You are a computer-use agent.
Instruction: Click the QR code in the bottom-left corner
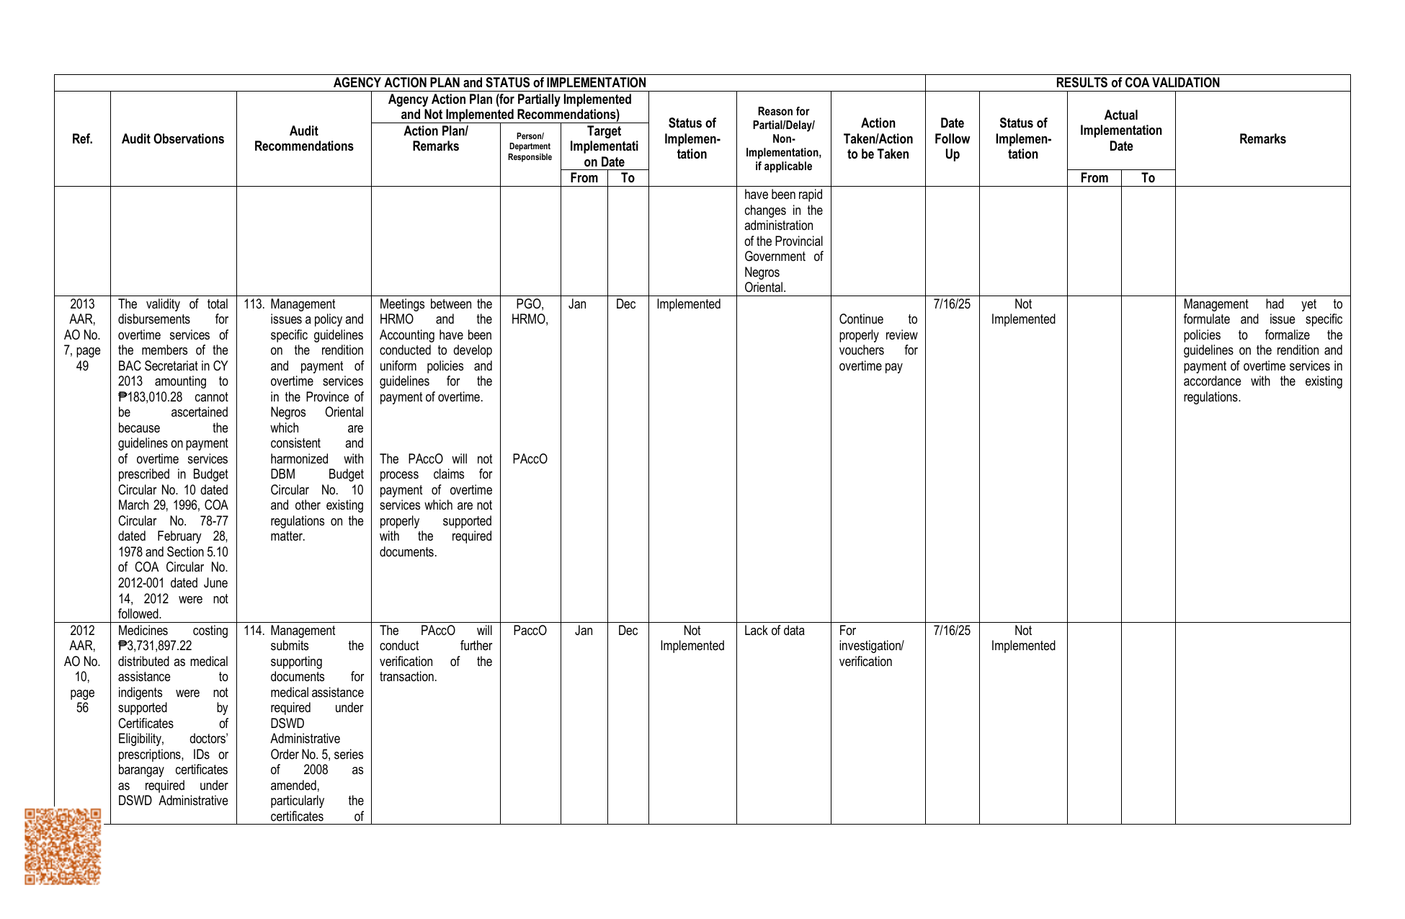[63, 846]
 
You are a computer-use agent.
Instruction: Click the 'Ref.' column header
[82, 139]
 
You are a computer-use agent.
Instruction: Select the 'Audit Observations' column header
[173, 139]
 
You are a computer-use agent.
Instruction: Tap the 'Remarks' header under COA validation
[1262, 139]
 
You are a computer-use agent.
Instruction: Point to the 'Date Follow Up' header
[952, 139]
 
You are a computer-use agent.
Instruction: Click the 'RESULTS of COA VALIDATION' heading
[1137, 83]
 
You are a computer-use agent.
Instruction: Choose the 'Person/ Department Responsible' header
[530, 146]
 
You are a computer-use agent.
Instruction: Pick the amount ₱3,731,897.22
[155, 646]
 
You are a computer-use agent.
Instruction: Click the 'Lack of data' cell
[774, 631]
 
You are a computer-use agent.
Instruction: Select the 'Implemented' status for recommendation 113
[688, 304]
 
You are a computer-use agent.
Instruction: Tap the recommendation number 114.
[254, 631]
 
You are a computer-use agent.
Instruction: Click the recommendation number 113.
[254, 304]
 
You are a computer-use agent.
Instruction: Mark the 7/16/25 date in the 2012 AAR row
[952, 631]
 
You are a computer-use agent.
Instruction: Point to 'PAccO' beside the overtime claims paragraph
[530, 459]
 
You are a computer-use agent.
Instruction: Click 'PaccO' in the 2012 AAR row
[530, 631]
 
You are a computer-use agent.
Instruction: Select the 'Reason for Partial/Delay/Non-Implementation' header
[783, 139]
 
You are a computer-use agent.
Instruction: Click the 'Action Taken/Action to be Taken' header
[878, 139]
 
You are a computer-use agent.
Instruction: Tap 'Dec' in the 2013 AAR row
[626, 304]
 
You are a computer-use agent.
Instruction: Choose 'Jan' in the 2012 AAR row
[584, 631]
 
